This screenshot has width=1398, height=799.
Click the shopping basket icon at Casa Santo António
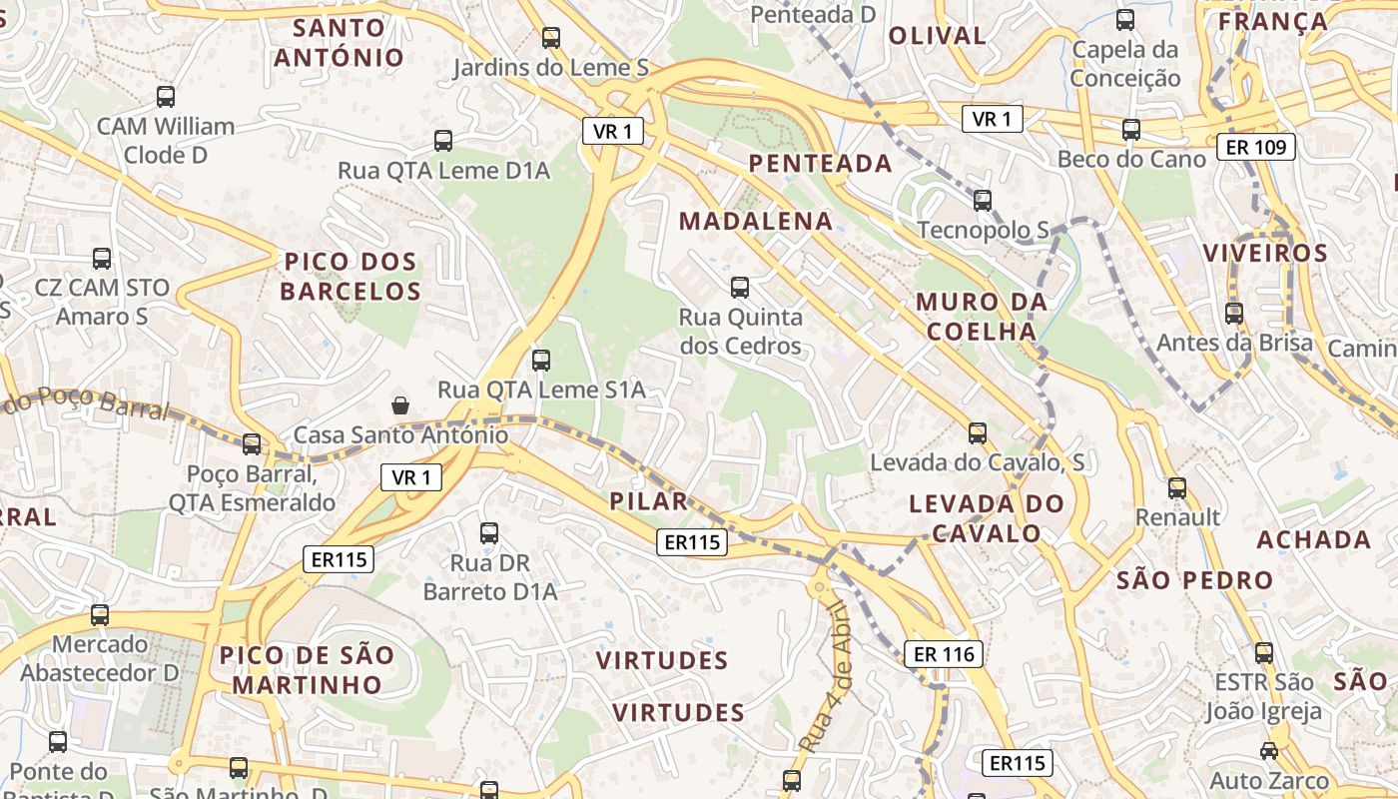[400, 404]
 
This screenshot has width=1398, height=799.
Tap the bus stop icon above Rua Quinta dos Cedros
[740, 288]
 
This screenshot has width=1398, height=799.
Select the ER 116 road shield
[944, 654]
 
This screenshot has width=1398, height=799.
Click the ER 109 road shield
[1255, 148]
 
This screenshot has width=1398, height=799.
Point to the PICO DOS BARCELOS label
[350, 277]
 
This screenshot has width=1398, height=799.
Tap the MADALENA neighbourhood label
[755, 221]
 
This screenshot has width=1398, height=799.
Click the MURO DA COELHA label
[981, 317]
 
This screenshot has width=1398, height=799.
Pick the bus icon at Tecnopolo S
[983, 201]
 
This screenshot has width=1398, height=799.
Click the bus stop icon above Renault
[1177, 488]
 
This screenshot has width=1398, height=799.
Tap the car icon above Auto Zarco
[1268, 751]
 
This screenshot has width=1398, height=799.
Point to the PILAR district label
[649, 501]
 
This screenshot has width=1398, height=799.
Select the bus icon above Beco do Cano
[1130, 130]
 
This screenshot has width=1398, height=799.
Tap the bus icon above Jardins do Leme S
[550, 39]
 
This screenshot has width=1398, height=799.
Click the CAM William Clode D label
[166, 141]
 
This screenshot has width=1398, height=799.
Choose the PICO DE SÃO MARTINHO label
[307, 670]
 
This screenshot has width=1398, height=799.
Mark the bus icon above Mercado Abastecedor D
[100, 615]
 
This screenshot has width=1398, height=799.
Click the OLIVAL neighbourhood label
[937, 36]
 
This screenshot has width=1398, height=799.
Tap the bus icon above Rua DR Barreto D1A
[489, 533]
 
